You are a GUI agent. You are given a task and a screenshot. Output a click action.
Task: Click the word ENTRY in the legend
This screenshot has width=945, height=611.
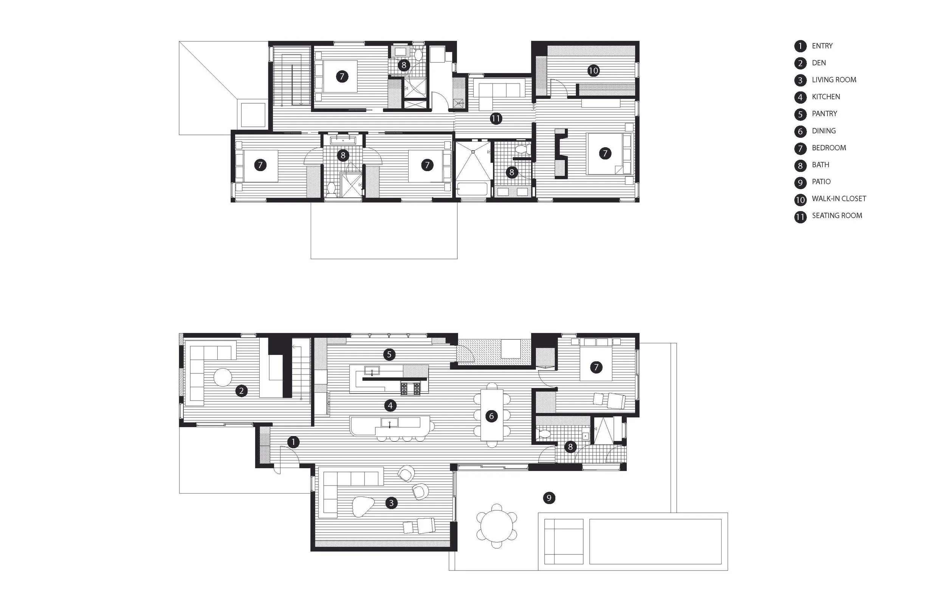(822, 46)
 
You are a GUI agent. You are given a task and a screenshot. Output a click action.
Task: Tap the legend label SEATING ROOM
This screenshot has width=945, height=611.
(837, 216)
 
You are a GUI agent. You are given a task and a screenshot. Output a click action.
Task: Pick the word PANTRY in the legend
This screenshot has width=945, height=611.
(824, 114)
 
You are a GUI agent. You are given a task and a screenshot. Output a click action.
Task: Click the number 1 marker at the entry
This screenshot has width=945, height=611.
(293, 442)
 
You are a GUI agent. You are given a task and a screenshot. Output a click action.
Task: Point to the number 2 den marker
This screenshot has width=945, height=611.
(242, 391)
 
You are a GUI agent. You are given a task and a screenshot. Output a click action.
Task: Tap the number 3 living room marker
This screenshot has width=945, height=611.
(391, 503)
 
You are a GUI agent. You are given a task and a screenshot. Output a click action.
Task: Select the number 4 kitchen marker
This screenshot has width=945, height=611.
(390, 406)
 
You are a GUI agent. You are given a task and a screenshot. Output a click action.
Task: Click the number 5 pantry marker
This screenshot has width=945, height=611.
(389, 355)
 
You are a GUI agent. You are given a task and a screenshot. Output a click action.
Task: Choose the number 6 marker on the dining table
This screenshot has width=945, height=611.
(491, 416)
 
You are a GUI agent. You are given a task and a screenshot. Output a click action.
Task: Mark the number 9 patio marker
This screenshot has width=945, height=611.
(549, 498)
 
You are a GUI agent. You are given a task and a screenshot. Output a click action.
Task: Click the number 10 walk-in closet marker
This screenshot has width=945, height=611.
(593, 71)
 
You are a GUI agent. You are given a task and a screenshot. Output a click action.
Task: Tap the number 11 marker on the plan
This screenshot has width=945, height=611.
(496, 119)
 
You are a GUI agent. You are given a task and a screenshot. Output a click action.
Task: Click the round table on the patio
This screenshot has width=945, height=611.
(497, 526)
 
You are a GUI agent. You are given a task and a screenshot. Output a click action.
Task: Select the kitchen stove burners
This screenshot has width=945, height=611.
(411, 389)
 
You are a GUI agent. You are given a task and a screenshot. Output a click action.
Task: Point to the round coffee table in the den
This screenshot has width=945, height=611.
(223, 377)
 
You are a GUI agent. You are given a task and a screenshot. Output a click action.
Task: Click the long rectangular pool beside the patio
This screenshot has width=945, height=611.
(655, 542)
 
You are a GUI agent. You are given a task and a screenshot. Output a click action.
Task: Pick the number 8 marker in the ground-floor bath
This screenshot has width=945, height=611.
(570, 447)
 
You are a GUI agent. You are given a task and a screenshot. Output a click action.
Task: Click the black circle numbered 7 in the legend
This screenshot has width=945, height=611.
(800, 148)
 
